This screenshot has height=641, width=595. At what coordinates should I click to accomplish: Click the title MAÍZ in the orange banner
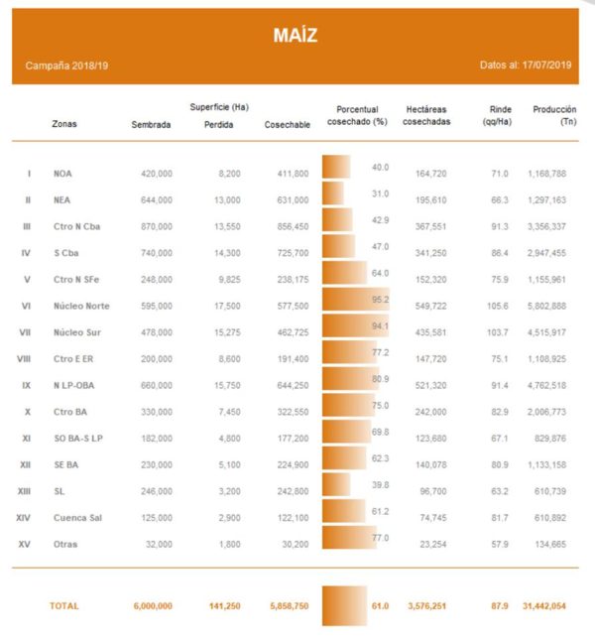point(296,37)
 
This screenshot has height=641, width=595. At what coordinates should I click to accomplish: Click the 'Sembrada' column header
point(151,125)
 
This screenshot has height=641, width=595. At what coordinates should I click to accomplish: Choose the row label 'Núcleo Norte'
point(81,307)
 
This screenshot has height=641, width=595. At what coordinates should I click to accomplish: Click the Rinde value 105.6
point(496,307)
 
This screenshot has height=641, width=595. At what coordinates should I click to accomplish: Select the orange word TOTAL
point(63,605)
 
